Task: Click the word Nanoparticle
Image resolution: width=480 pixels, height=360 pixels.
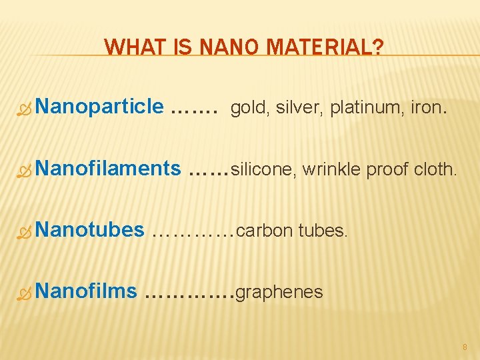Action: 100,106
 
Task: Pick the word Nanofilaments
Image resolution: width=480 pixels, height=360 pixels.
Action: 109,169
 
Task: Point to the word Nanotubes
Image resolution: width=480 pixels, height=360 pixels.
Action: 91,230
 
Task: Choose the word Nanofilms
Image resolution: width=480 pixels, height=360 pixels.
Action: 87,291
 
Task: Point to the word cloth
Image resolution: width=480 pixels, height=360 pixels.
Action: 436,169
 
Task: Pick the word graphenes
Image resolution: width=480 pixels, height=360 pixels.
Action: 279,293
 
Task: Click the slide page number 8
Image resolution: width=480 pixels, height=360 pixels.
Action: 465,347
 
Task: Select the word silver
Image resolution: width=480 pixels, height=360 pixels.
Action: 297,107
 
